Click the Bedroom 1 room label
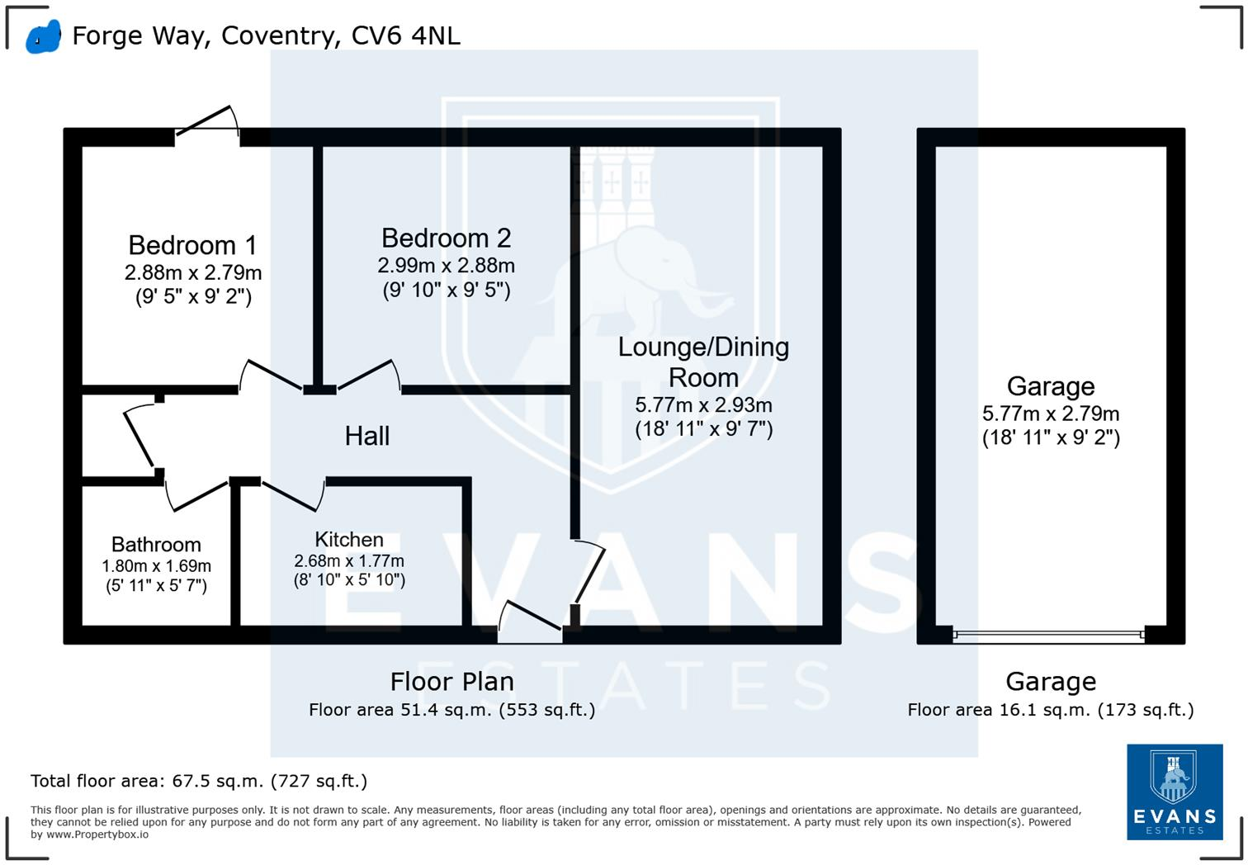point(193,245)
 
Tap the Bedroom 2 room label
point(447,239)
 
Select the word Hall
point(367,436)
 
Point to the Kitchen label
point(349,539)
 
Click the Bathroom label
point(156,544)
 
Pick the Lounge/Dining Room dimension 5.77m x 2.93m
point(704,405)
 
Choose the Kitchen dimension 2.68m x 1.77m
point(349,560)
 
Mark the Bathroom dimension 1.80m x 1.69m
point(156,566)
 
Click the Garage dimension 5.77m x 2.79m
point(1051,414)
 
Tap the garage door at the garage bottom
point(1048,634)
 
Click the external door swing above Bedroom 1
point(208,121)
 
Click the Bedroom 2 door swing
point(368,374)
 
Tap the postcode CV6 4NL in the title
point(405,35)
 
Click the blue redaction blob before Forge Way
point(44,37)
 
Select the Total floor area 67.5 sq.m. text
point(199,781)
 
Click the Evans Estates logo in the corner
point(1175,792)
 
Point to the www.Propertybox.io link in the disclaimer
point(97,834)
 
